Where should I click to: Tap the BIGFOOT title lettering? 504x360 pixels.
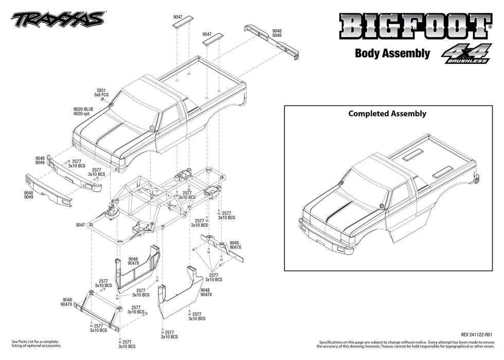[412, 26]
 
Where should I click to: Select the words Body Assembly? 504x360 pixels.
[392, 53]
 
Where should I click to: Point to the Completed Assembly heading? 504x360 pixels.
[387, 114]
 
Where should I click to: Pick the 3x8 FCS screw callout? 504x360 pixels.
[101, 95]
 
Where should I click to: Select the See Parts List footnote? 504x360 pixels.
[35, 344]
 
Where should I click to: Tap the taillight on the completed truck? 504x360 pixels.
[476, 179]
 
